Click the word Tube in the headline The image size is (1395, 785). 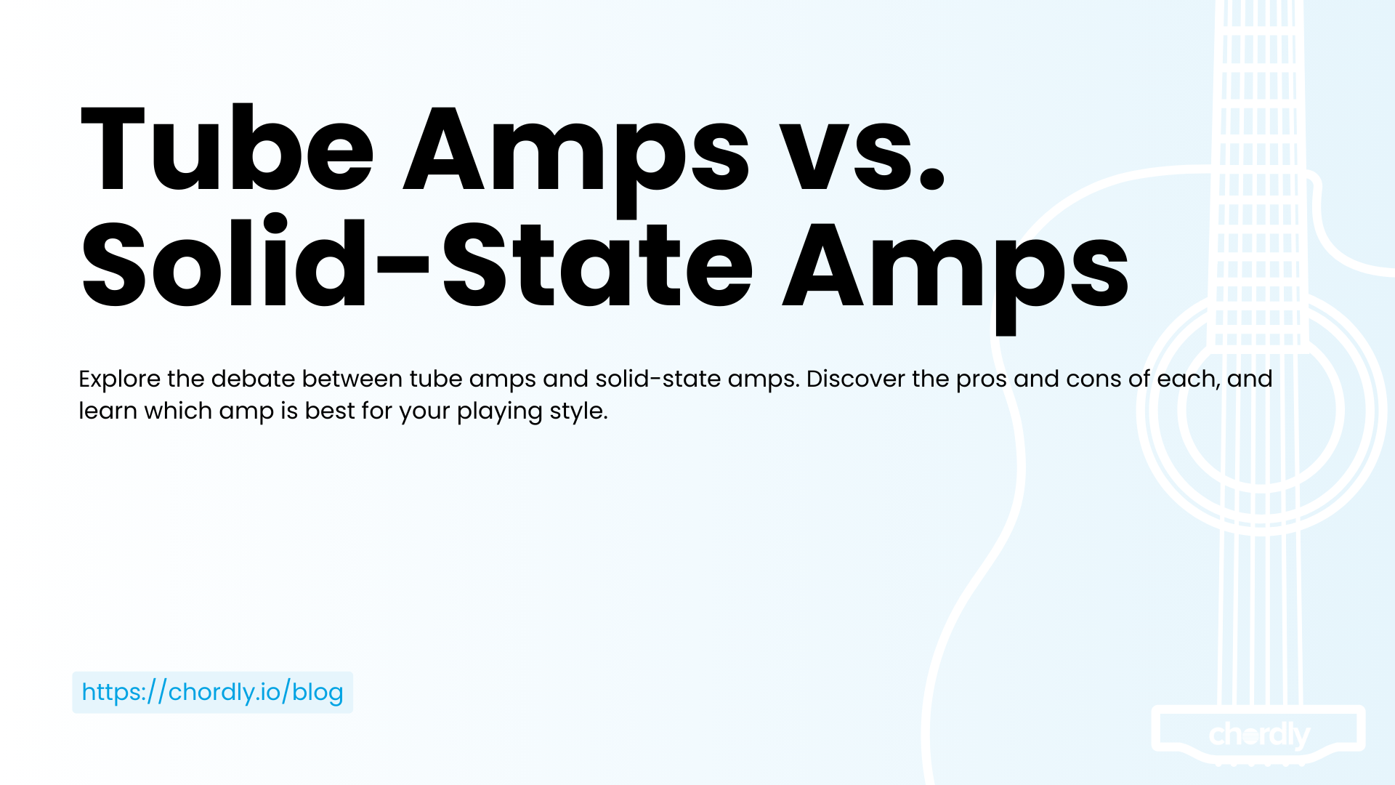227,149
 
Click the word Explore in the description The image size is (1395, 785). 120,379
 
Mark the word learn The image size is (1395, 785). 108,411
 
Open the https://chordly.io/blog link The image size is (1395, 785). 212,692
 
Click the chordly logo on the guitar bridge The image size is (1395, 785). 1259,736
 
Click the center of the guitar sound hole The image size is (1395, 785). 1261,409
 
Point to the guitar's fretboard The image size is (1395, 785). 1259,174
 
